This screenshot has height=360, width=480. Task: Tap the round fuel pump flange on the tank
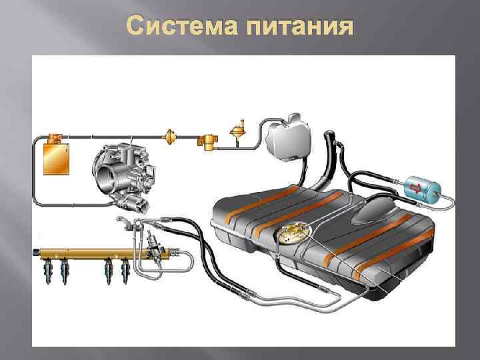point(293,235)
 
